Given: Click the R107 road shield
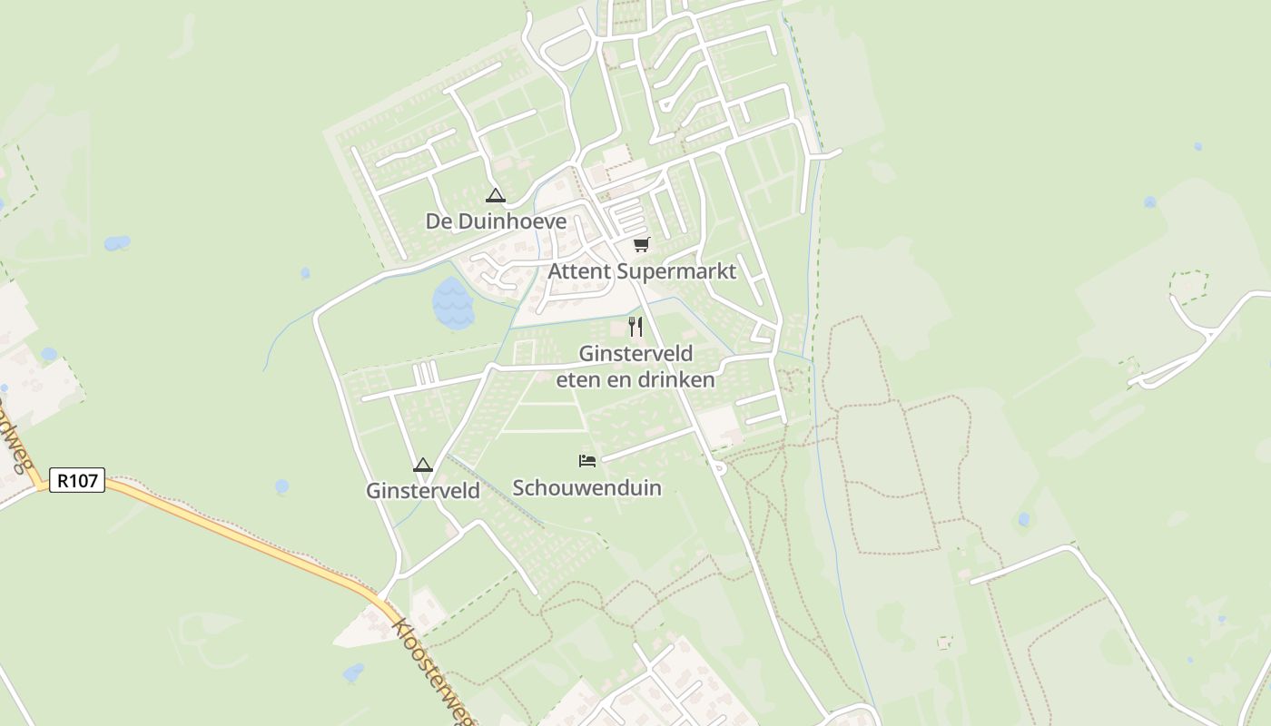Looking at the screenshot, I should tap(76, 480).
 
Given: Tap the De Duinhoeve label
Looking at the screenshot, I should tap(496, 221).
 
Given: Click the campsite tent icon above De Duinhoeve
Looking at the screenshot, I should tap(495, 195).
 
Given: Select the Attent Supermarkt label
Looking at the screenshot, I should tap(642, 271).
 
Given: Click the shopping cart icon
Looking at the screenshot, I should tap(642, 244).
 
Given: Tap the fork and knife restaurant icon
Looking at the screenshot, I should tap(635, 327).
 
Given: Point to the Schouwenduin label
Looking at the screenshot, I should tap(587, 488).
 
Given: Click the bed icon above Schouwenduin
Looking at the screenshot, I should tap(587, 461).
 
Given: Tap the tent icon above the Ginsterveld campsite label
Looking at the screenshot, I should tap(422, 466).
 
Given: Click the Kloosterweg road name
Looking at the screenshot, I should tap(434, 670).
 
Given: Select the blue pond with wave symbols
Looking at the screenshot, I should tap(452, 303).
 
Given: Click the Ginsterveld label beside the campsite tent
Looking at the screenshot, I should tap(422, 491).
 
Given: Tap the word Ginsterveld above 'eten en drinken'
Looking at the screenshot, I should tap(635, 353).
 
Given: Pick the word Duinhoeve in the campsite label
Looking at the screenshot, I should tap(511, 221).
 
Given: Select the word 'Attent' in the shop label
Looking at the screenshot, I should tap(579, 271).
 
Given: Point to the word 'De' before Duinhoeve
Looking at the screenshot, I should tap(438, 221).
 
